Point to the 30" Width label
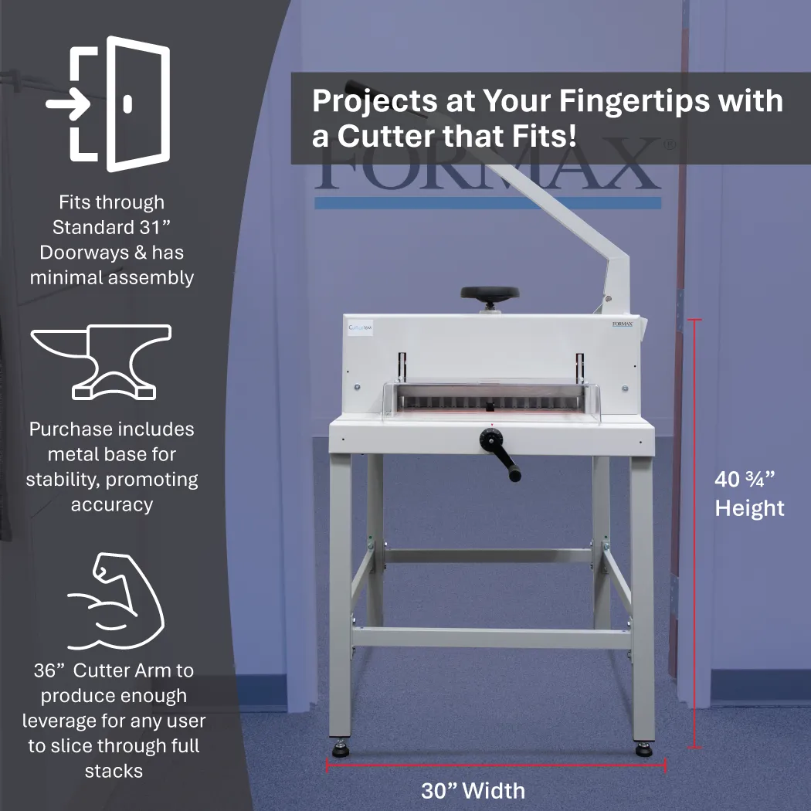point(473,791)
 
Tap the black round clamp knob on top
point(490,294)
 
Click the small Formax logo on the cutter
point(622,324)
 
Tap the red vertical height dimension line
point(694,533)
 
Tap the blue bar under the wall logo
point(487,203)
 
